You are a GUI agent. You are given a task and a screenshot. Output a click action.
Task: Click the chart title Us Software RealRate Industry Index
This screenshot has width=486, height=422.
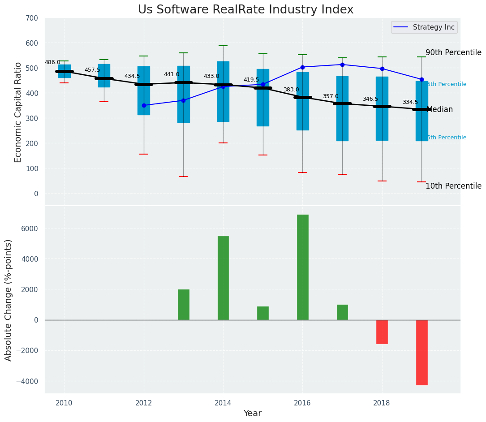pos(245,10)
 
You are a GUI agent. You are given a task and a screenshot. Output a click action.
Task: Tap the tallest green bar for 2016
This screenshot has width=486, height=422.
pos(303,267)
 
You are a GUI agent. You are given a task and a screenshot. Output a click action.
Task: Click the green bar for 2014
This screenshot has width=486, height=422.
pos(223,278)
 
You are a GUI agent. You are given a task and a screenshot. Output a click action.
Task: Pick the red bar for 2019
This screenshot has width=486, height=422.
pos(421,352)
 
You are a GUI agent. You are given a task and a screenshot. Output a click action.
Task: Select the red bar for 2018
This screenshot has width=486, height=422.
pos(382,332)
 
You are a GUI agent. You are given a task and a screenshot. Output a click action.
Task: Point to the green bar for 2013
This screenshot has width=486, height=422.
pos(184,305)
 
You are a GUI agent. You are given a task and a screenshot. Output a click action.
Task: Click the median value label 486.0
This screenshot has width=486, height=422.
pos(52,63)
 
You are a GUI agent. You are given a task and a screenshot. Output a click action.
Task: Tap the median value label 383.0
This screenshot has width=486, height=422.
pos(291,90)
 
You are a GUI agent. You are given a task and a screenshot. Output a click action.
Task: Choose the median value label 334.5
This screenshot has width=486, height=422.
pos(410,103)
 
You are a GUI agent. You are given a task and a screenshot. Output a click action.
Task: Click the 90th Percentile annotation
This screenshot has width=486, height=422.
pos(453,53)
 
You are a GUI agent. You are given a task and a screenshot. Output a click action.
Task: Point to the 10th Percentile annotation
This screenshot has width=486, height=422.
pos(453,186)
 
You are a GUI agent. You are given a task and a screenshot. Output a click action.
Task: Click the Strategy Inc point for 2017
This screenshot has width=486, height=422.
pos(342,65)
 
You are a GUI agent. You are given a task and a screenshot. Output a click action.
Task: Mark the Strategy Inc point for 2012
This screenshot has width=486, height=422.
pos(144,105)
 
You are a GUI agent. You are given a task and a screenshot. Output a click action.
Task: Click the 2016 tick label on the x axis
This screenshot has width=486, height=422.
pos(302,403)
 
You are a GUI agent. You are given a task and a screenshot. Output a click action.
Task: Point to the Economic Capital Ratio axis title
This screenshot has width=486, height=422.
pos(18,112)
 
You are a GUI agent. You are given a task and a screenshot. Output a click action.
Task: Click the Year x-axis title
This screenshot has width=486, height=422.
pos(252,413)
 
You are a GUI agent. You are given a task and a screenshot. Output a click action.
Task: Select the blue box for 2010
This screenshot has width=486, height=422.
pos(65,71)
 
